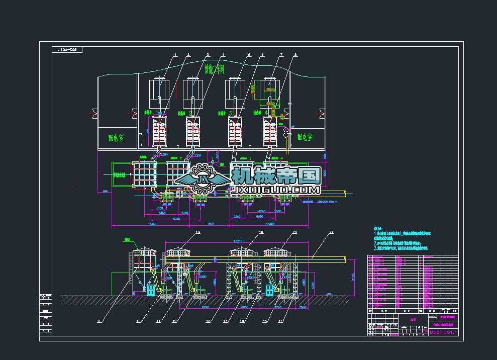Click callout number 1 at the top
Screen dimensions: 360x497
pos(176,54)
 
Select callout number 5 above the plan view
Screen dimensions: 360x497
pos(249,54)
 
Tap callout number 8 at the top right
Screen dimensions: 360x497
pos(295,54)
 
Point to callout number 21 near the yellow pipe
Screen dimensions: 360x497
pos(331,232)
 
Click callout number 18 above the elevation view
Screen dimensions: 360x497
pos(197,232)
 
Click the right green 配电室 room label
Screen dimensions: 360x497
pos(307,136)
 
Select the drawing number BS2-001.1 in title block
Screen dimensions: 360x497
pos(444,333)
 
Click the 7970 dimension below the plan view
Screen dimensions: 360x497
pos(211,224)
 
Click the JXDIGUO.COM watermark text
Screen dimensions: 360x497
pos(276,190)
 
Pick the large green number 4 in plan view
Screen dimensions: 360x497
pos(266,113)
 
